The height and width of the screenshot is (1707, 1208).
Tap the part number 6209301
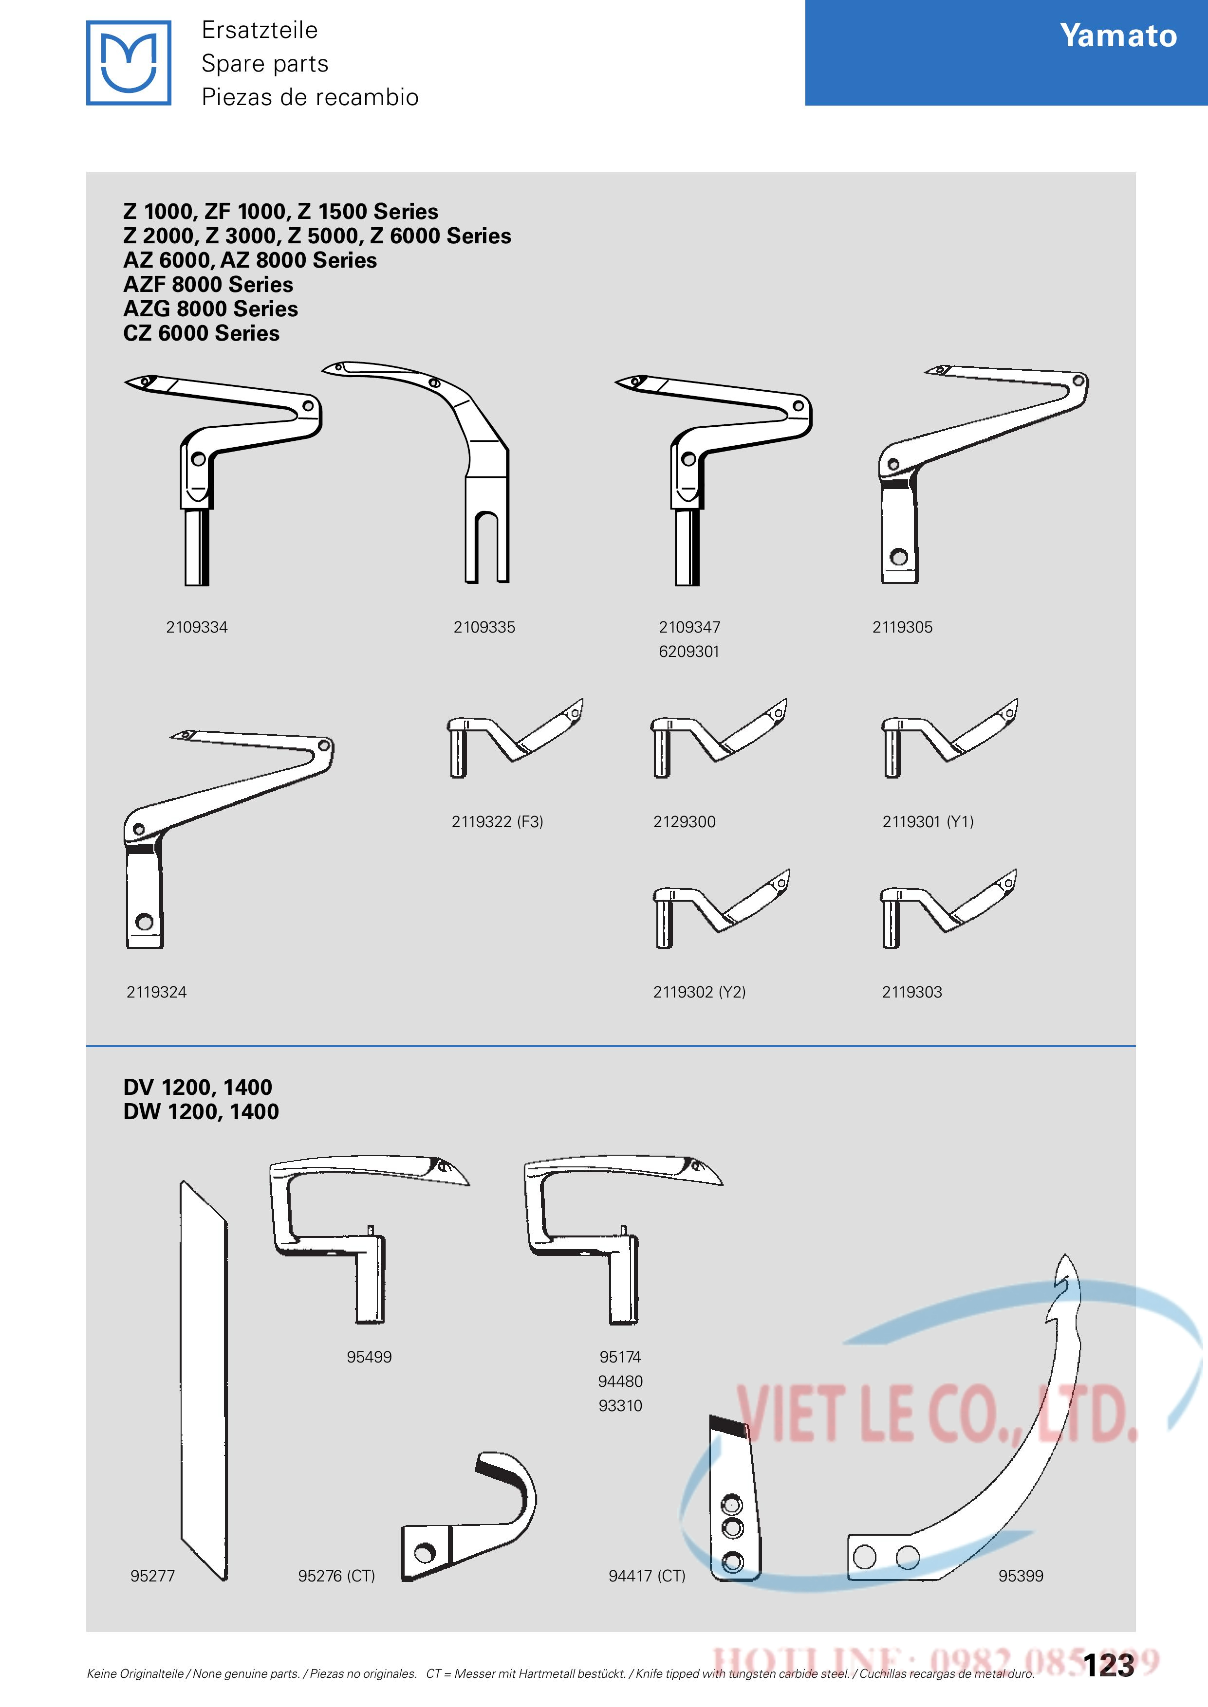click(689, 651)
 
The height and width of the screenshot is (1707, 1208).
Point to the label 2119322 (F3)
click(497, 821)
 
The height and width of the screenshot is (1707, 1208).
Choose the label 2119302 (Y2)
click(699, 992)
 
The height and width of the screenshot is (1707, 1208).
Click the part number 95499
click(369, 1357)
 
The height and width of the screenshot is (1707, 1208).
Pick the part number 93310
click(620, 1406)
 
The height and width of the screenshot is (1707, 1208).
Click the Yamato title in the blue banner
click(1118, 36)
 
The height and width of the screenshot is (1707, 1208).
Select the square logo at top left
click(129, 62)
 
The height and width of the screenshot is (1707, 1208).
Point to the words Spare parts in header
click(265, 63)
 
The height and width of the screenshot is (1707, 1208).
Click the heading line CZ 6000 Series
click(202, 333)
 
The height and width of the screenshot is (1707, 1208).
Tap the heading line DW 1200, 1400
click(201, 1111)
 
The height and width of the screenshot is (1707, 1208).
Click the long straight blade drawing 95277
click(203, 1380)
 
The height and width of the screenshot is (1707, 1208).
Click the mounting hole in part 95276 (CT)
click(425, 1553)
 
